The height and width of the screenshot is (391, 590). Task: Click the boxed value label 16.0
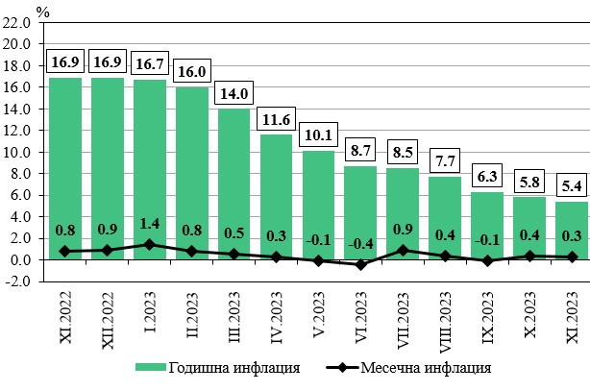click(x=191, y=72)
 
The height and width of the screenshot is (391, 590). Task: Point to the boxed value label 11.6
click(x=276, y=119)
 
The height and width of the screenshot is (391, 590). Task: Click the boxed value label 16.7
click(x=149, y=64)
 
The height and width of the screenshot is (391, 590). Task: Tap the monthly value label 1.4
click(x=149, y=224)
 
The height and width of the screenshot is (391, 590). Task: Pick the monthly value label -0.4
click(x=359, y=244)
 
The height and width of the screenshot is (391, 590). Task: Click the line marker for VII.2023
click(x=402, y=250)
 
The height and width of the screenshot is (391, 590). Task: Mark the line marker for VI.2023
click(x=359, y=264)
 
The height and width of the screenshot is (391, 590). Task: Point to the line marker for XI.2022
click(x=65, y=251)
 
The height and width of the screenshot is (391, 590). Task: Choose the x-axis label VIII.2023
click(x=445, y=325)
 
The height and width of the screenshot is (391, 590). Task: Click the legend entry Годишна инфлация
click(x=222, y=367)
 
